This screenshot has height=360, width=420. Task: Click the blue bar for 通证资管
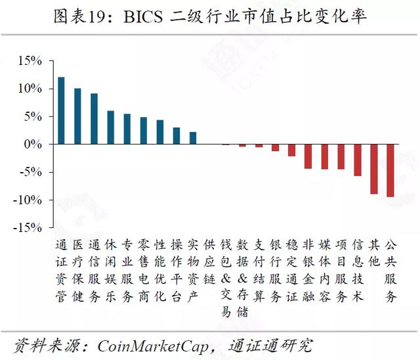61,111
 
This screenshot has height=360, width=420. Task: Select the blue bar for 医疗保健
77,116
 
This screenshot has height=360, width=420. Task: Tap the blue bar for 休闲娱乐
111,127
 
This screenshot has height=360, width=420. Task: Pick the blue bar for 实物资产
193,138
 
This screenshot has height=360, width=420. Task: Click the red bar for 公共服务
390,171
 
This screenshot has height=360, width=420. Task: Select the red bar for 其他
374,169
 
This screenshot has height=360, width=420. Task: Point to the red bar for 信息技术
358,160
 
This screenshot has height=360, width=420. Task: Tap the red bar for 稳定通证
291,150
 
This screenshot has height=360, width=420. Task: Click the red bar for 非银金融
308,156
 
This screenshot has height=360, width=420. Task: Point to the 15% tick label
30,61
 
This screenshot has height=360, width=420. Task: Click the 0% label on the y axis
33,145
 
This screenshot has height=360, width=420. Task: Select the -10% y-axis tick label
28,200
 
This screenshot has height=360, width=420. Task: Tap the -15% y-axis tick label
28,228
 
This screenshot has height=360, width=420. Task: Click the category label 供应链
209,262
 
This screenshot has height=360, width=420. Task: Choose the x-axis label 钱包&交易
226,279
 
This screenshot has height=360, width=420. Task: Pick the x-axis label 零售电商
144,271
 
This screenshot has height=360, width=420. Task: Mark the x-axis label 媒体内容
324,271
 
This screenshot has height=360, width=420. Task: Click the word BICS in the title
143,16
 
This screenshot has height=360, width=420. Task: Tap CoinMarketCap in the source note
153,346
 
